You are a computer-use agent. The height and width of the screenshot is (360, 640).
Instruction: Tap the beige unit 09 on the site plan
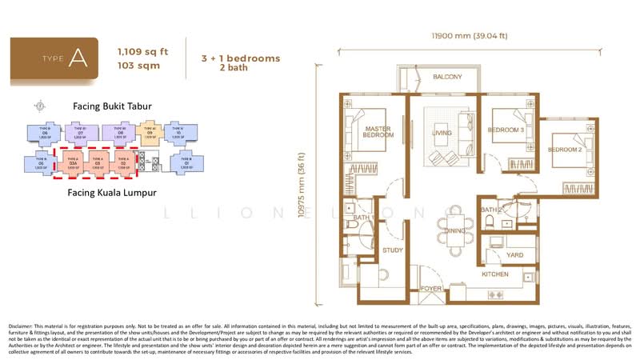[148, 132]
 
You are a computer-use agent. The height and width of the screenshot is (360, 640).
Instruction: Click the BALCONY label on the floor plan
[447, 78]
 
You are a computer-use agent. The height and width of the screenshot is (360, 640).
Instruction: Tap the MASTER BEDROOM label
[377, 132]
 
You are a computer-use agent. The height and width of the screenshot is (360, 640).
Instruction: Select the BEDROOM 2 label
[566, 150]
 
